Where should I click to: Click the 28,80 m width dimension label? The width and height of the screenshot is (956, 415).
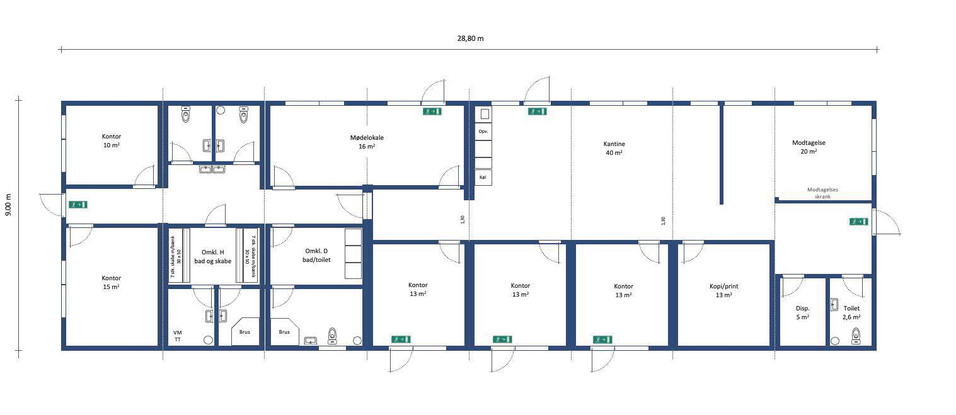[470, 38]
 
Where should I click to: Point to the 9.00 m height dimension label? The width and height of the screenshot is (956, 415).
[9, 205]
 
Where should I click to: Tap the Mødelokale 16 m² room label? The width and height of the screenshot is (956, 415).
[367, 142]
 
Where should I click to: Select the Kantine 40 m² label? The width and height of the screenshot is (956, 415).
[614, 149]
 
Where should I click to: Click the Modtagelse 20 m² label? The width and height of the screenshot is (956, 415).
[809, 147]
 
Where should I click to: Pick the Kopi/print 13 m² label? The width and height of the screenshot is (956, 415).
[724, 290]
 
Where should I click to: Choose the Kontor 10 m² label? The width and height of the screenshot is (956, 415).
[112, 141]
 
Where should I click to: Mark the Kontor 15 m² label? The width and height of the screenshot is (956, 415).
[111, 282]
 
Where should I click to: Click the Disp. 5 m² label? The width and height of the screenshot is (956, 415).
[803, 312]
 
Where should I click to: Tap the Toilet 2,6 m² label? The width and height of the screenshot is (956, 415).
[851, 312]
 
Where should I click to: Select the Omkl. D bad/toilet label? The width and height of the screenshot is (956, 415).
[316, 256]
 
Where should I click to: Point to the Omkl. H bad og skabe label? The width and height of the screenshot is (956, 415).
[212, 257]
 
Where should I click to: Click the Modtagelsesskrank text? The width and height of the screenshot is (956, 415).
[822, 193]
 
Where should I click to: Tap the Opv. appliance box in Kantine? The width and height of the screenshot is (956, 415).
[483, 132]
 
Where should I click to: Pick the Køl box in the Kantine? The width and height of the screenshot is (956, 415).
[483, 177]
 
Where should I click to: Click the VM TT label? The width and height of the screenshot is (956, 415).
[178, 336]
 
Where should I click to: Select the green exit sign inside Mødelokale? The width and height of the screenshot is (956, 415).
[432, 111]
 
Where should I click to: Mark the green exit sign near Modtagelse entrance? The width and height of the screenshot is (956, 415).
[858, 222]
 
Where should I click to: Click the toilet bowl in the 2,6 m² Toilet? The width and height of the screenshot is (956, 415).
[856, 336]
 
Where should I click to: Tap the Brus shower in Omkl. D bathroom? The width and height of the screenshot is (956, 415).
[285, 331]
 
